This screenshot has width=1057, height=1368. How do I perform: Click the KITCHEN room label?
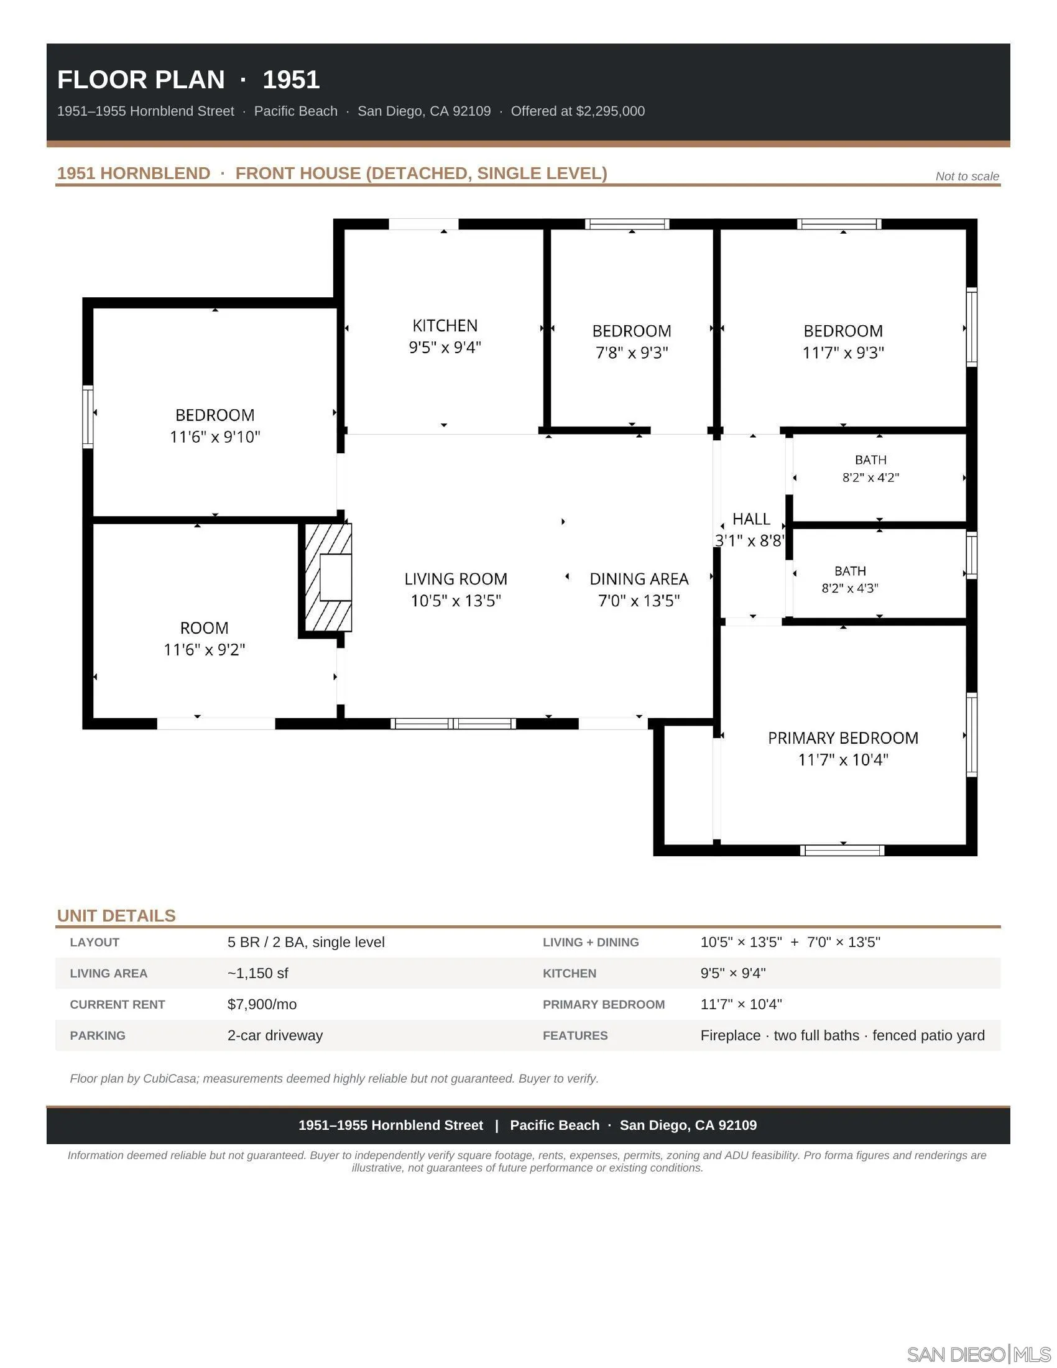[445, 326]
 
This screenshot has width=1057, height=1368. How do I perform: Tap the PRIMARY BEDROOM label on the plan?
[843, 738]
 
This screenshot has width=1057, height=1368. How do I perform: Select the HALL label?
[751, 519]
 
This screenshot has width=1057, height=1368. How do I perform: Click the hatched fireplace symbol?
[328, 577]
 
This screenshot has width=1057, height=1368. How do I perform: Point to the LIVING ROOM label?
[456, 580]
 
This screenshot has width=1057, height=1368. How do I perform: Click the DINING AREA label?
[639, 580]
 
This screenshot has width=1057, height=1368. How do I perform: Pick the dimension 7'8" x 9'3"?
[632, 353]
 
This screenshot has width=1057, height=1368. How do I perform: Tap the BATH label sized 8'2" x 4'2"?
[870, 460]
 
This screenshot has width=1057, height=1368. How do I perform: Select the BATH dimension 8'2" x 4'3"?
[850, 588]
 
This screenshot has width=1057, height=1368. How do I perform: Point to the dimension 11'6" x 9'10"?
[215, 437]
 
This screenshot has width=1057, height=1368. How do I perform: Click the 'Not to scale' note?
[967, 177]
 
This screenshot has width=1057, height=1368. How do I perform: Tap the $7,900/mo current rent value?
[262, 1005]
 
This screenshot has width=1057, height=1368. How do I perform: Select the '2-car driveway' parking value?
[275, 1035]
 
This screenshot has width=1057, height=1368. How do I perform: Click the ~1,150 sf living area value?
[257, 973]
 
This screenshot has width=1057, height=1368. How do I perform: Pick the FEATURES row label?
[575, 1035]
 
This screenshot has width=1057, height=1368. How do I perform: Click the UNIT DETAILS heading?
[116, 916]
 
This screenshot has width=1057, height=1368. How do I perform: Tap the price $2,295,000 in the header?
[610, 111]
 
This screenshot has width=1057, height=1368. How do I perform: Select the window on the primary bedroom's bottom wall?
[842, 850]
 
